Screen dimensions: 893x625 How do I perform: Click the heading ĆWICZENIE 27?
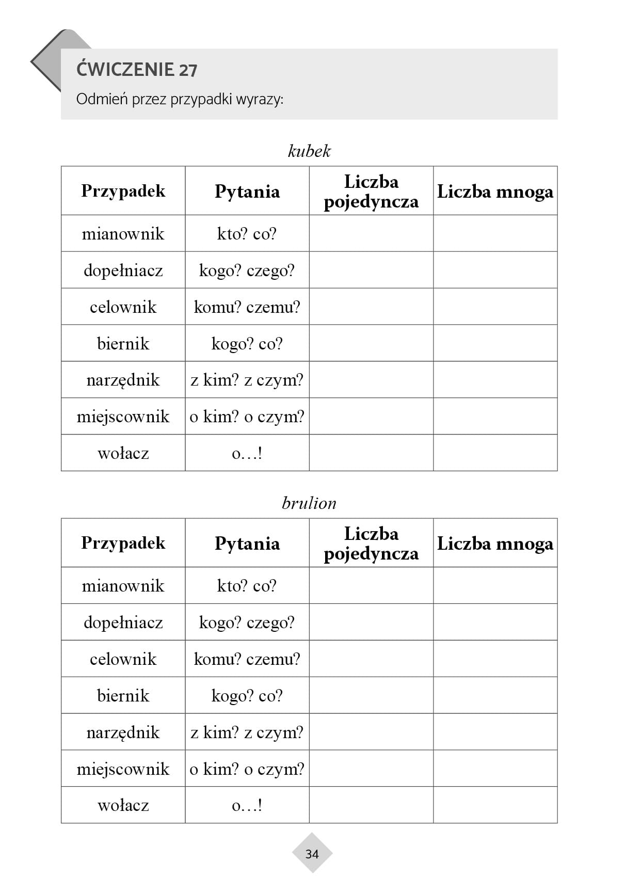tap(137, 70)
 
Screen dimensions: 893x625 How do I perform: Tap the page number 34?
tap(312, 854)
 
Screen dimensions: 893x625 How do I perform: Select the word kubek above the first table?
tap(309, 151)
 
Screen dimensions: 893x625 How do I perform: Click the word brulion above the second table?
tap(309, 503)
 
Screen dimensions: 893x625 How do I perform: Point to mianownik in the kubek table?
tap(123, 234)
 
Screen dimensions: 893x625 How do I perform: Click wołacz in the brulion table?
tap(123, 805)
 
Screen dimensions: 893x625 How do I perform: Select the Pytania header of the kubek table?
tap(247, 192)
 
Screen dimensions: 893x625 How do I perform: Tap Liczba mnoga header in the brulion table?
tap(495, 544)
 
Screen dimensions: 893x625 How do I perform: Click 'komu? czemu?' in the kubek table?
tap(247, 307)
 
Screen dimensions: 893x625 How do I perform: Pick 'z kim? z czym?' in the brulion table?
tap(247, 732)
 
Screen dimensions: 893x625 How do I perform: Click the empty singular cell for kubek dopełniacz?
tap(371, 270)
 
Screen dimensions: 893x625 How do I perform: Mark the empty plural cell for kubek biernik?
tap(495, 343)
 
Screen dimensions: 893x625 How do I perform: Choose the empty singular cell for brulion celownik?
tap(371, 659)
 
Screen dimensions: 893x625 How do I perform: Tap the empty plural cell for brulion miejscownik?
tap(495, 769)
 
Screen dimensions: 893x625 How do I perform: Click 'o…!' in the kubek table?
tap(247, 454)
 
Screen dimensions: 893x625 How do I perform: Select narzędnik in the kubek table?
tap(123, 380)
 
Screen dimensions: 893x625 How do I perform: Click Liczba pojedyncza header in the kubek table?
tap(371, 192)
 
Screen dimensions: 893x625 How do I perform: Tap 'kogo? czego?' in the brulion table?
tap(247, 623)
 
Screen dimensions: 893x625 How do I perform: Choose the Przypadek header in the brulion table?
tap(123, 543)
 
